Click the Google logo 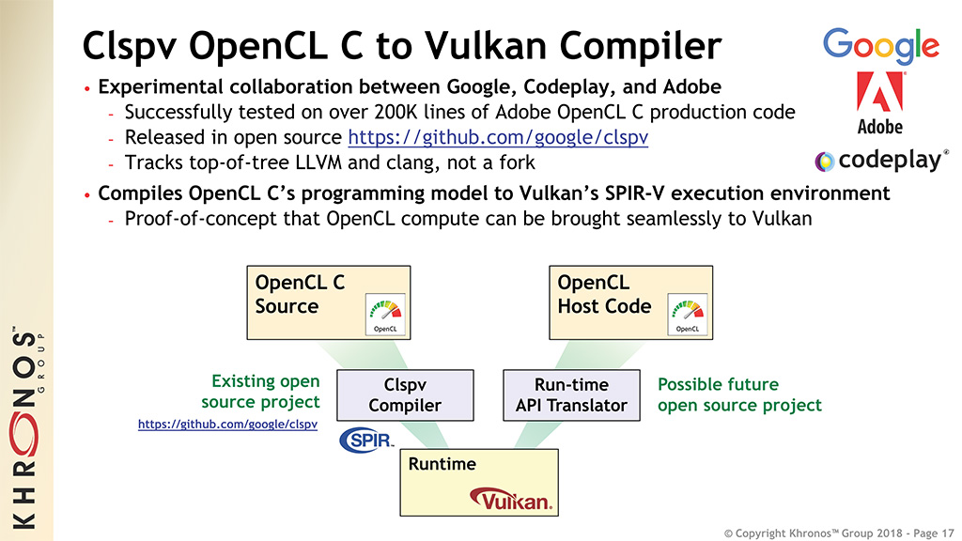(881, 46)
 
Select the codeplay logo (881, 160)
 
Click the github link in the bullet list (498, 137)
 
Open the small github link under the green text (227, 424)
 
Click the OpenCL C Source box (328, 302)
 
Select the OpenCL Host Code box (630, 302)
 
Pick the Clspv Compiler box (405, 395)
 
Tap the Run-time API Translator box (571, 395)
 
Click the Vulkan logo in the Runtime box (511, 500)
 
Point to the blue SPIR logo (366, 440)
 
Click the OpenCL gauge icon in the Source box (385, 314)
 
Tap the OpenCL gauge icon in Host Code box (687, 314)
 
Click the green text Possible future (718, 384)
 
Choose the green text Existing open (266, 381)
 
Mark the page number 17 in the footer (947, 533)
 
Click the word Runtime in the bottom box (442, 464)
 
